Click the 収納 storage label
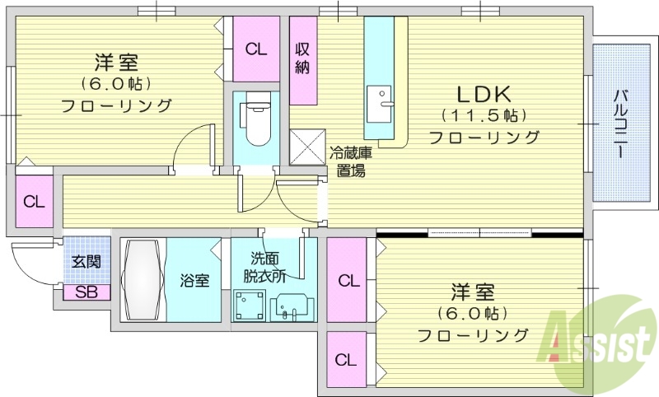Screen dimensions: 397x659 [x=302, y=58]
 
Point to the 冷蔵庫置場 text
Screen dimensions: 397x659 [x=351, y=161]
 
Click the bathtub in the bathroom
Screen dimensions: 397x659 [x=143, y=280]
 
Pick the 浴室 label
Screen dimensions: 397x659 [x=194, y=280]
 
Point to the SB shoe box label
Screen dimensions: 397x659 [x=85, y=291]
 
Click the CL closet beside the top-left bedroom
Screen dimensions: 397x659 [x=256, y=49]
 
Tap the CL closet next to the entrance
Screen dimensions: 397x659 [x=34, y=202]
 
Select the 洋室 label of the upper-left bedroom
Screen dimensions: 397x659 [x=116, y=62]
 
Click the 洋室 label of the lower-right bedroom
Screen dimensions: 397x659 [x=473, y=292]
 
